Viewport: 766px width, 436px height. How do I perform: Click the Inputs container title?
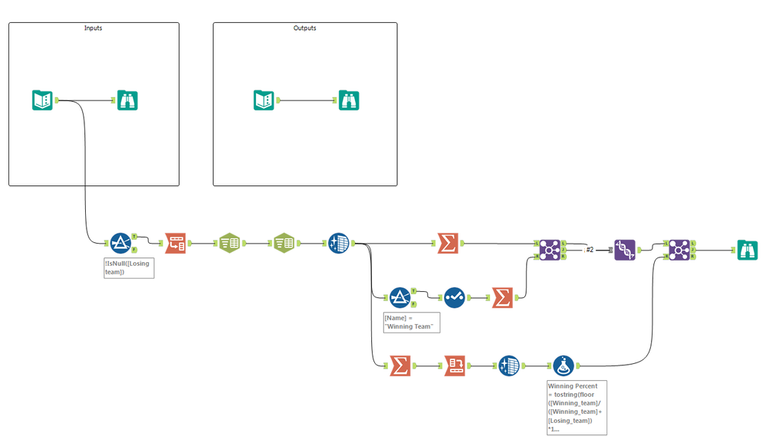click(x=93, y=28)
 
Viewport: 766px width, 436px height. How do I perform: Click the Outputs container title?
click(x=304, y=28)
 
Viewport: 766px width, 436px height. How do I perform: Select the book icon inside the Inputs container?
click(x=42, y=100)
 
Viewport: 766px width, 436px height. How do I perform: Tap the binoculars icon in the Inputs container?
click(x=128, y=100)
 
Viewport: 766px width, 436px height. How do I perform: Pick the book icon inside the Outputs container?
click(x=264, y=100)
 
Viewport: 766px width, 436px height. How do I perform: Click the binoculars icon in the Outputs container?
click(x=349, y=100)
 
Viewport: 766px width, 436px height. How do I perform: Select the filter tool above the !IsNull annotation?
click(x=120, y=243)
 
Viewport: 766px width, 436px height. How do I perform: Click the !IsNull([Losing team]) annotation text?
click(x=129, y=267)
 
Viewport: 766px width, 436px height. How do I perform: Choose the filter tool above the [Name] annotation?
click(x=399, y=297)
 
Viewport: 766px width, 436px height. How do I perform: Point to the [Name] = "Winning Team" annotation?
click(x=412, y=322)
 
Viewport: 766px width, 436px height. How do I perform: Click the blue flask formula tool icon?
click(x=564, y=366)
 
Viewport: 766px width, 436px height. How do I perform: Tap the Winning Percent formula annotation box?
click(x=576, y=407)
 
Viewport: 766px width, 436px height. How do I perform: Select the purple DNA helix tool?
click(x=624, y=249)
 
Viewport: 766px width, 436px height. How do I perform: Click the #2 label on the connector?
click(x=590, y=250)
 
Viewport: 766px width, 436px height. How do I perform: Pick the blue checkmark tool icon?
click(x=454, y=297)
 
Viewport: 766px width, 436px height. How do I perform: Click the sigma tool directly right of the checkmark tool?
click(x=502, y=297)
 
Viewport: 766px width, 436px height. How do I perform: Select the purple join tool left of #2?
click(x=549, y=249)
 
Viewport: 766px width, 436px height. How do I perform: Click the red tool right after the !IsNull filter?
click(x=176, y=243)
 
